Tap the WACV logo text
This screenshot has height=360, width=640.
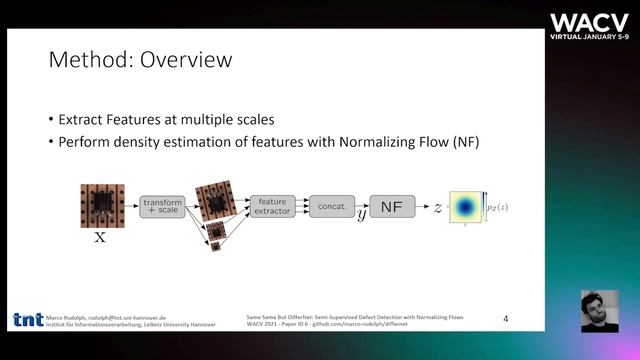[x=589, y=21]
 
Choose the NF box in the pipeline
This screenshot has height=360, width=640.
[x=391, y=208]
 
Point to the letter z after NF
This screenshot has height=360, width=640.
[x=436, y=208]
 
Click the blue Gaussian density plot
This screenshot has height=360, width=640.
[x=465, y=208]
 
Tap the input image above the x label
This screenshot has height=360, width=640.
[x=101, y=204]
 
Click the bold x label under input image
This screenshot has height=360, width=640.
[x=99, y=238]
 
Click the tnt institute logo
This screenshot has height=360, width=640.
[x=28, y=319]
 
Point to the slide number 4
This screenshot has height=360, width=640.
[x=506, y=318]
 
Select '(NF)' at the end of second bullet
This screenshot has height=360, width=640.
[x=465, y=141]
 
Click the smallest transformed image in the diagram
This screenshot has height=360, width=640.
[x=215, y=246]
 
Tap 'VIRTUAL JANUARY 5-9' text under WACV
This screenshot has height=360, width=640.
[x=589, y=36]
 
